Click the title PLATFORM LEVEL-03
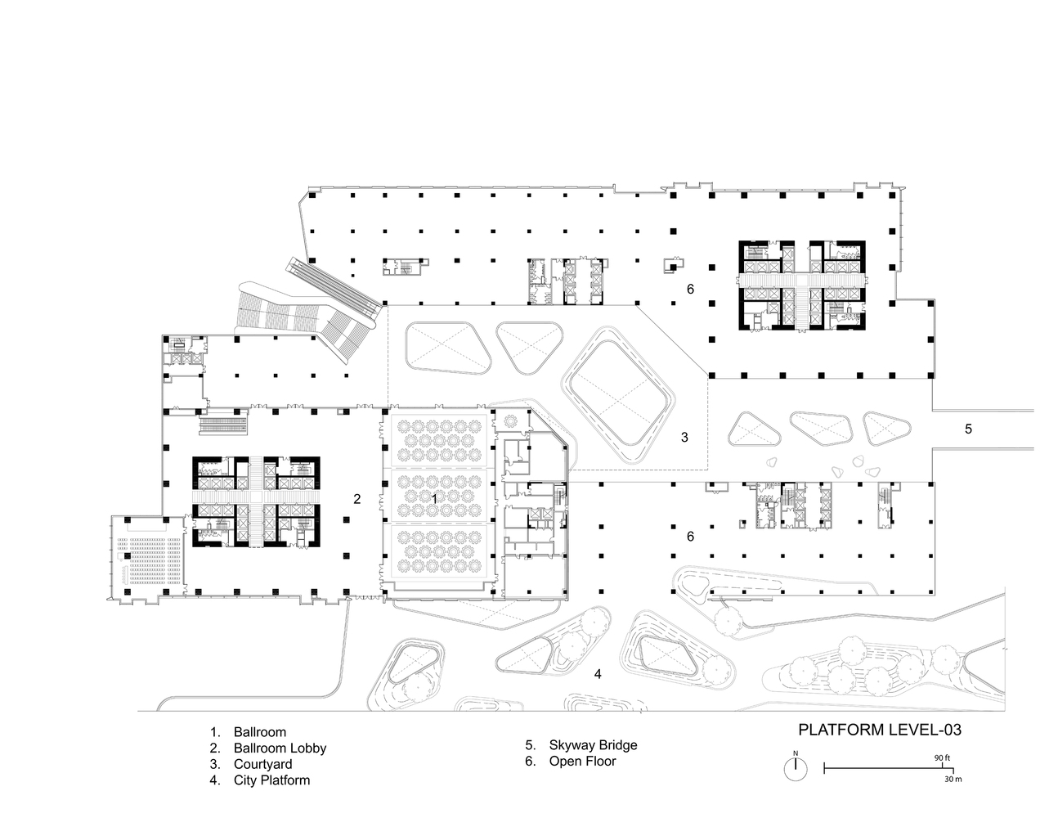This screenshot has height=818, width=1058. coord(880,730)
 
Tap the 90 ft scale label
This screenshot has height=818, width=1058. coord(942,758)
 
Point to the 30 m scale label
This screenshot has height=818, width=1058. coord(953,779)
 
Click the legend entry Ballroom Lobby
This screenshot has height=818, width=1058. coord(268,748)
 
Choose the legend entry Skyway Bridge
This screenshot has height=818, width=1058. coord(581,745)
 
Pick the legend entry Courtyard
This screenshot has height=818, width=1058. coord(251,764)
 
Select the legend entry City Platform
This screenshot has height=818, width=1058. coord(260,780)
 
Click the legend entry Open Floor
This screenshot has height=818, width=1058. coord(571,761)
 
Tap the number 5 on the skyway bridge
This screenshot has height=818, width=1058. coord(968,429)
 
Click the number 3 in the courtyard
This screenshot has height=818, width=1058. coord(684,438)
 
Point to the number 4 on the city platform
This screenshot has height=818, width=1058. coord(598,674)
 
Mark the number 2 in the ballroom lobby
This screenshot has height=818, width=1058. coord(356,499)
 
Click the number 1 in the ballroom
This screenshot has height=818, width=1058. coord(435,499)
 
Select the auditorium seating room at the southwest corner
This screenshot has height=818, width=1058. coord(146,558)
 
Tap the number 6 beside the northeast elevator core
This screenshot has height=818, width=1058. coord(690,289)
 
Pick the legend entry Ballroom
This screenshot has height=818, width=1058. coord(248,732)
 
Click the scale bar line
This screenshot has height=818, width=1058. coord(889,769)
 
